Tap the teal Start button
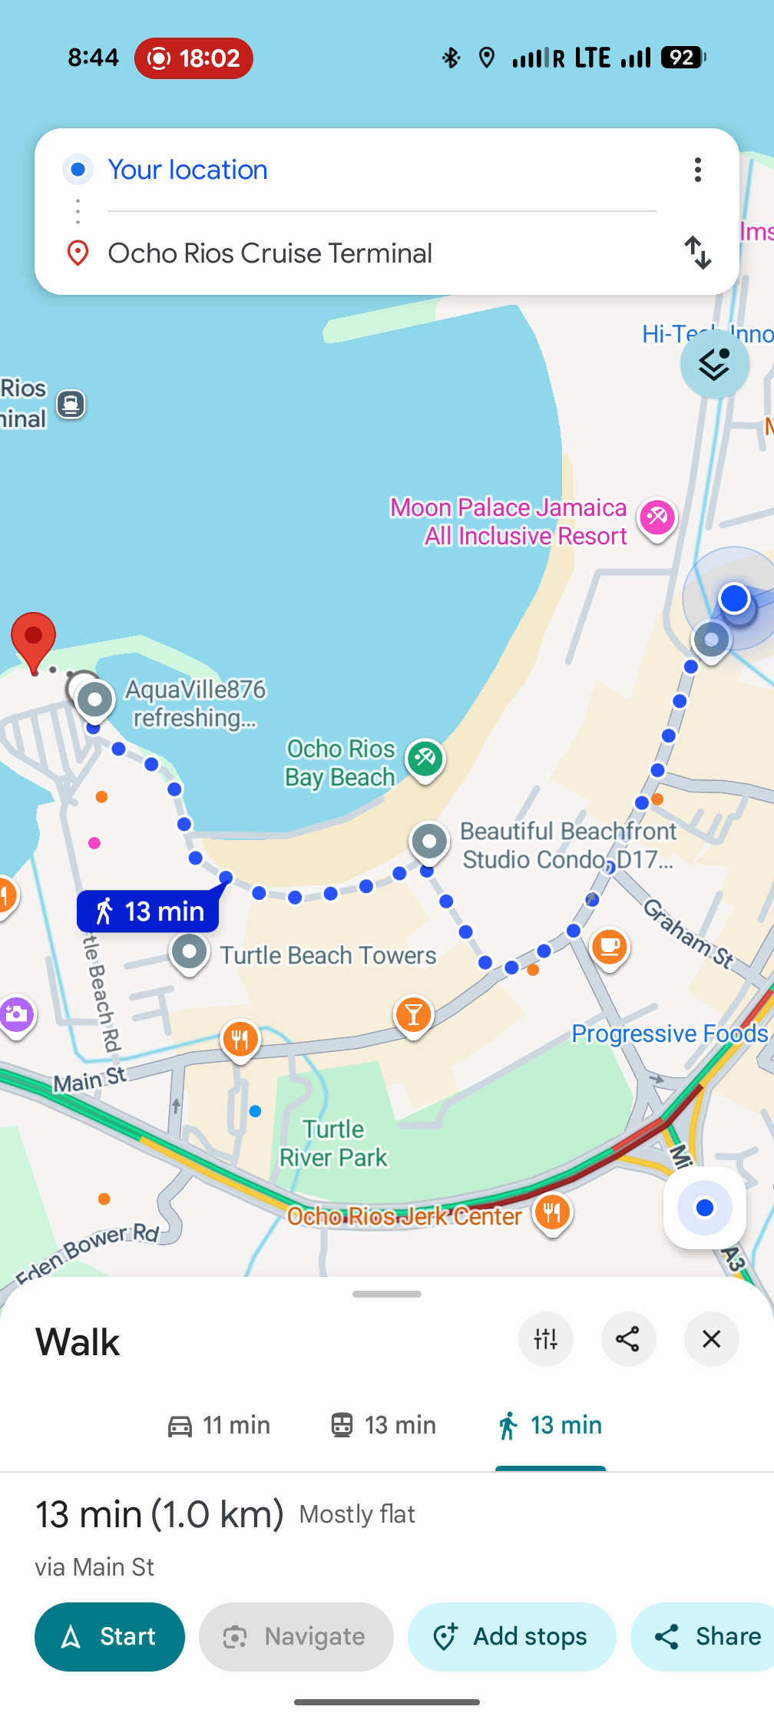coord(110,1636)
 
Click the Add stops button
coord(511,1636)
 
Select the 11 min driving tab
coord(219,1425)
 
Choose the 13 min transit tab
coord(383,1425)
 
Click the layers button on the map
coord(714,364)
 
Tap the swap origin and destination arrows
coord(697,253)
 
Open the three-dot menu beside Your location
coord(697,170)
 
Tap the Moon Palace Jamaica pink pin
coord(657,518)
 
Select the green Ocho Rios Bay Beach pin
coord(425,759)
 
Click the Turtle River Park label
coord(333,1143)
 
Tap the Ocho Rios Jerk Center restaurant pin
coord(552,1213)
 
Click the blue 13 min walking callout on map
coord(148,911)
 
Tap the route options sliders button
coord(546,1339)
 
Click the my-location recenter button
coord(704,1208)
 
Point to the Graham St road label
coord(688,933)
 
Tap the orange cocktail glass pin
coord(413,1015)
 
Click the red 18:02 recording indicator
coord(193,58)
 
